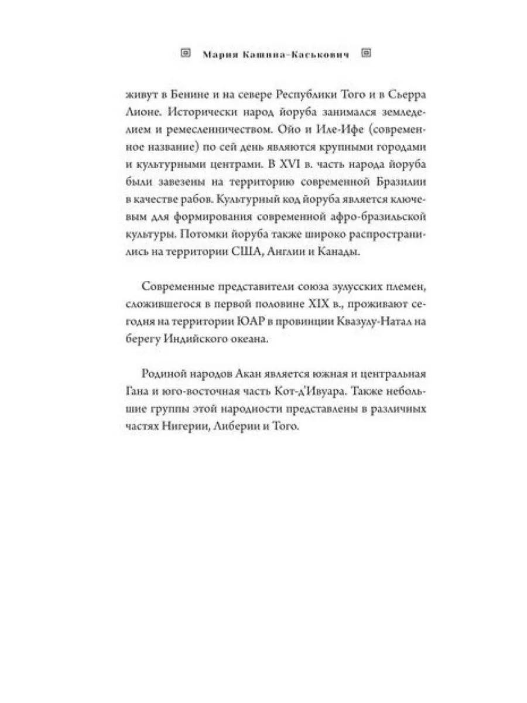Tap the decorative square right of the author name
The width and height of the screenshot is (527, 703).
pyautogui.click(x=368, y=53)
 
